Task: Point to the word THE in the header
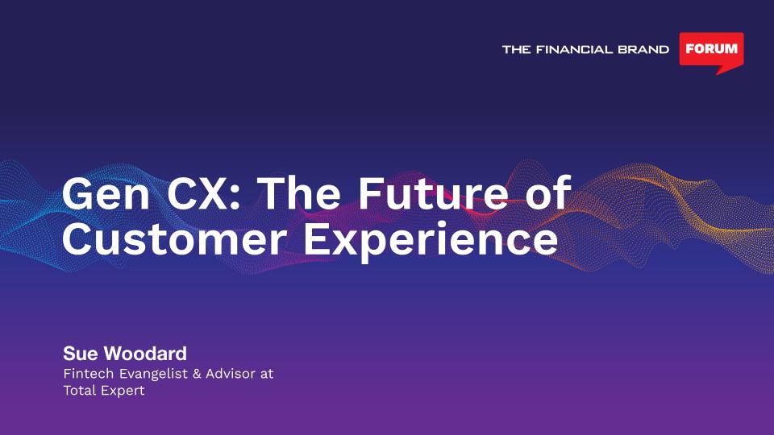click(516, 49)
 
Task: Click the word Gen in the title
click(106, 193)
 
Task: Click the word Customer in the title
click(174, 238)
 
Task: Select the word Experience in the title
click(431, 241)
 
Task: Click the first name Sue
click(81, 354)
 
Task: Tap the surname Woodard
click(146, 354)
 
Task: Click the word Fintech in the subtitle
click(89, 373)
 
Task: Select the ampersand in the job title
click(197, 374)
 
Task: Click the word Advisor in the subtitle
click(231, 373)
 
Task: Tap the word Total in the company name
click(80, 390)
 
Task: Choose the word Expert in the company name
click(123, 391)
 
